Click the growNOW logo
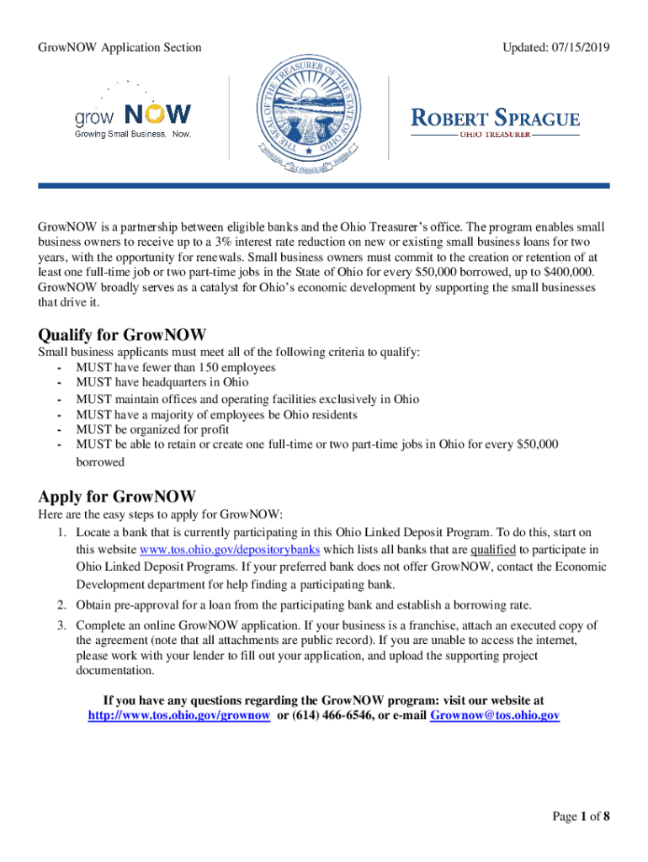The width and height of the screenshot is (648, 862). pyautogui.click(x=133, y=117)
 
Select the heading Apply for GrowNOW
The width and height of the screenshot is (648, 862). pyautogui.click(x=117, y=495)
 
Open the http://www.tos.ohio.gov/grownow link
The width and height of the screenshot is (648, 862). pyautogui.click(x=179, y=716)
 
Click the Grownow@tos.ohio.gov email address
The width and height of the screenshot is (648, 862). pyautogui.click(x=495, y=716)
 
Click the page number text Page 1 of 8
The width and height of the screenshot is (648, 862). pyautogui.click(x=581, y=817)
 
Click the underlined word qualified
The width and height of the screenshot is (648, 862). pyautogui.click(x=493, y=551)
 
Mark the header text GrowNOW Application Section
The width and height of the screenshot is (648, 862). pyautogui.click(x=120, y=47)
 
